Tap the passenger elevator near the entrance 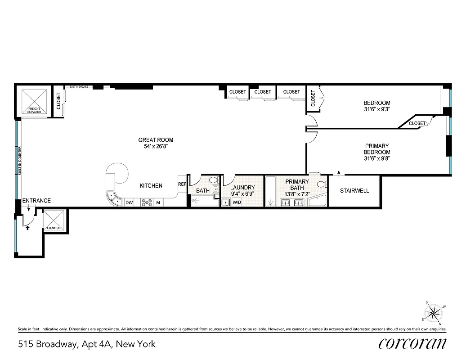click(x=54, y=220)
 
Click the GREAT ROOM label click(x=156, y=140)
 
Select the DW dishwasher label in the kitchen click(x=129, y=203)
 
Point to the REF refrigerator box click(x=182, y=184)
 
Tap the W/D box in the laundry click(x=236, y=203)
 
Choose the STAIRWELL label click(x=354, y=191)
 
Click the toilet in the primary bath click(x=321, y=184)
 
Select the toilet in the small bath click(x=213, y=180)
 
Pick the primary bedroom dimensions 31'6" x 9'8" click(x=376, y=158)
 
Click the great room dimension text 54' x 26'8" click(x=156, y=146)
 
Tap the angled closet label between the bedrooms click(x=417, y=123)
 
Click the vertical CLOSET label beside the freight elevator click(x=58, y=101)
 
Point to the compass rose click(x=434, y=312)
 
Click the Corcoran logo click(x=412, y=344)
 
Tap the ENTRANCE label click(x=36, y=201)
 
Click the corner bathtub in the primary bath click(x=318, y=201)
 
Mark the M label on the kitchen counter click(x=158, y=203)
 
